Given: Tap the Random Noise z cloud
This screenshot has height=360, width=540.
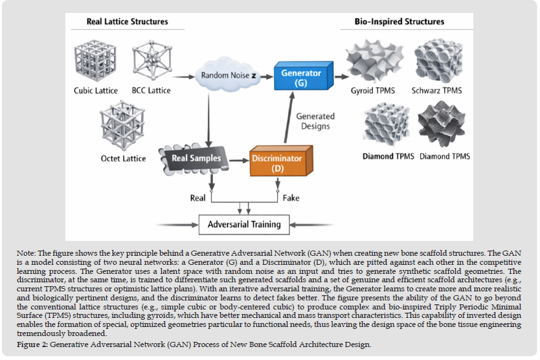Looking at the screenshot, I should coord(227,75).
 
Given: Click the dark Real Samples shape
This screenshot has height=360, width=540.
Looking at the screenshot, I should coord(196,159).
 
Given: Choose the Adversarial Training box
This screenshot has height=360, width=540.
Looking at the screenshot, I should coord(244,225).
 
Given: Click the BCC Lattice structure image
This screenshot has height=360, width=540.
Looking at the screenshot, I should coord(150,60).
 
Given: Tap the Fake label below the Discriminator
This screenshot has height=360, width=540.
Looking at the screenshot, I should coord(291,197).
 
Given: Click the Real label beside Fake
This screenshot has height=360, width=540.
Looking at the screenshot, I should coord(198,197).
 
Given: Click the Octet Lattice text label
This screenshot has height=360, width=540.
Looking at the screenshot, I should coord(124,158).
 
